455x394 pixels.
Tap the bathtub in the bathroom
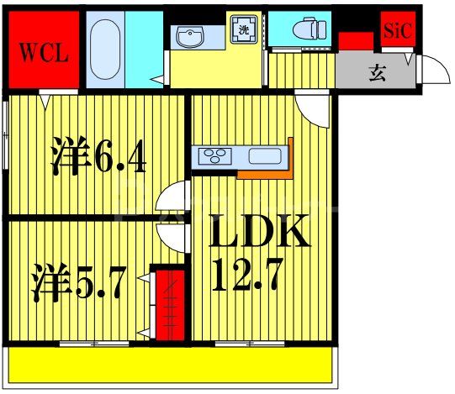[x=103, y=48]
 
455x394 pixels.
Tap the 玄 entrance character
[x=375, y=73]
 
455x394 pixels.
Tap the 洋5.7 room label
[x=80, y=283]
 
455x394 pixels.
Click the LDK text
[x=259, y=234]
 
